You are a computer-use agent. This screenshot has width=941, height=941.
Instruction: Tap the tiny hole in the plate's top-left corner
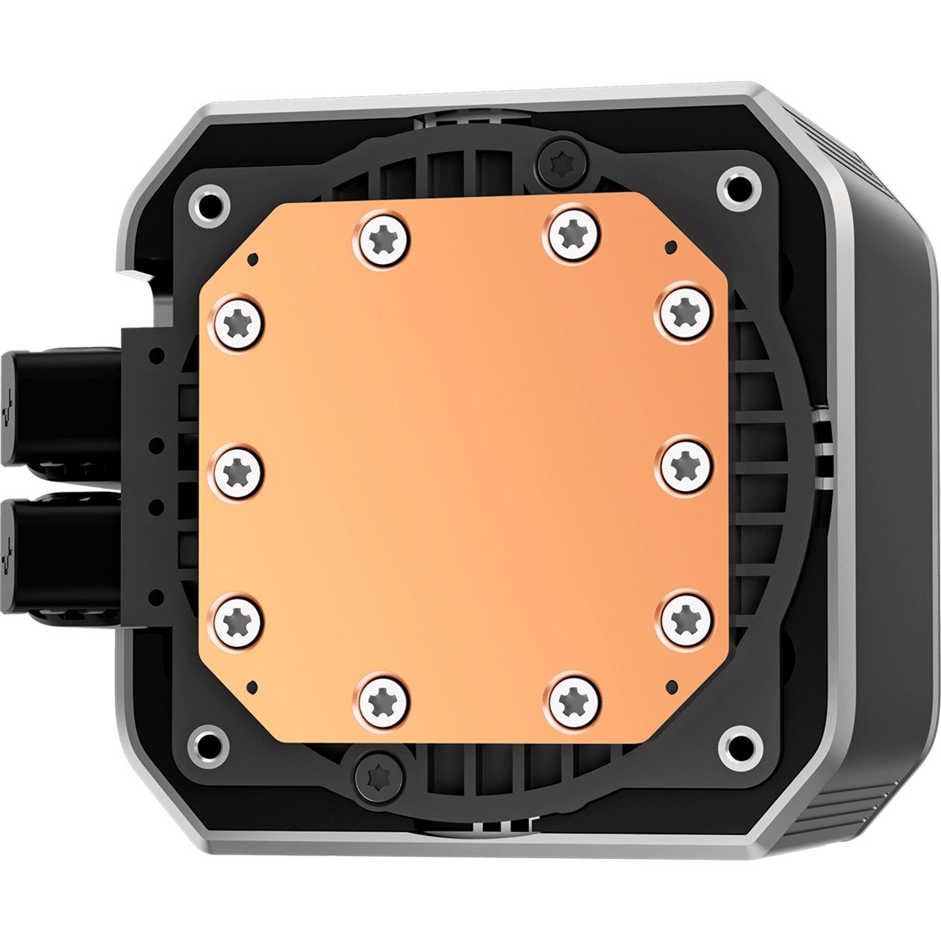click(254, 258)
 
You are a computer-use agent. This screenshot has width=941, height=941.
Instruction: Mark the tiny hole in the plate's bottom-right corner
click(669, 684)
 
